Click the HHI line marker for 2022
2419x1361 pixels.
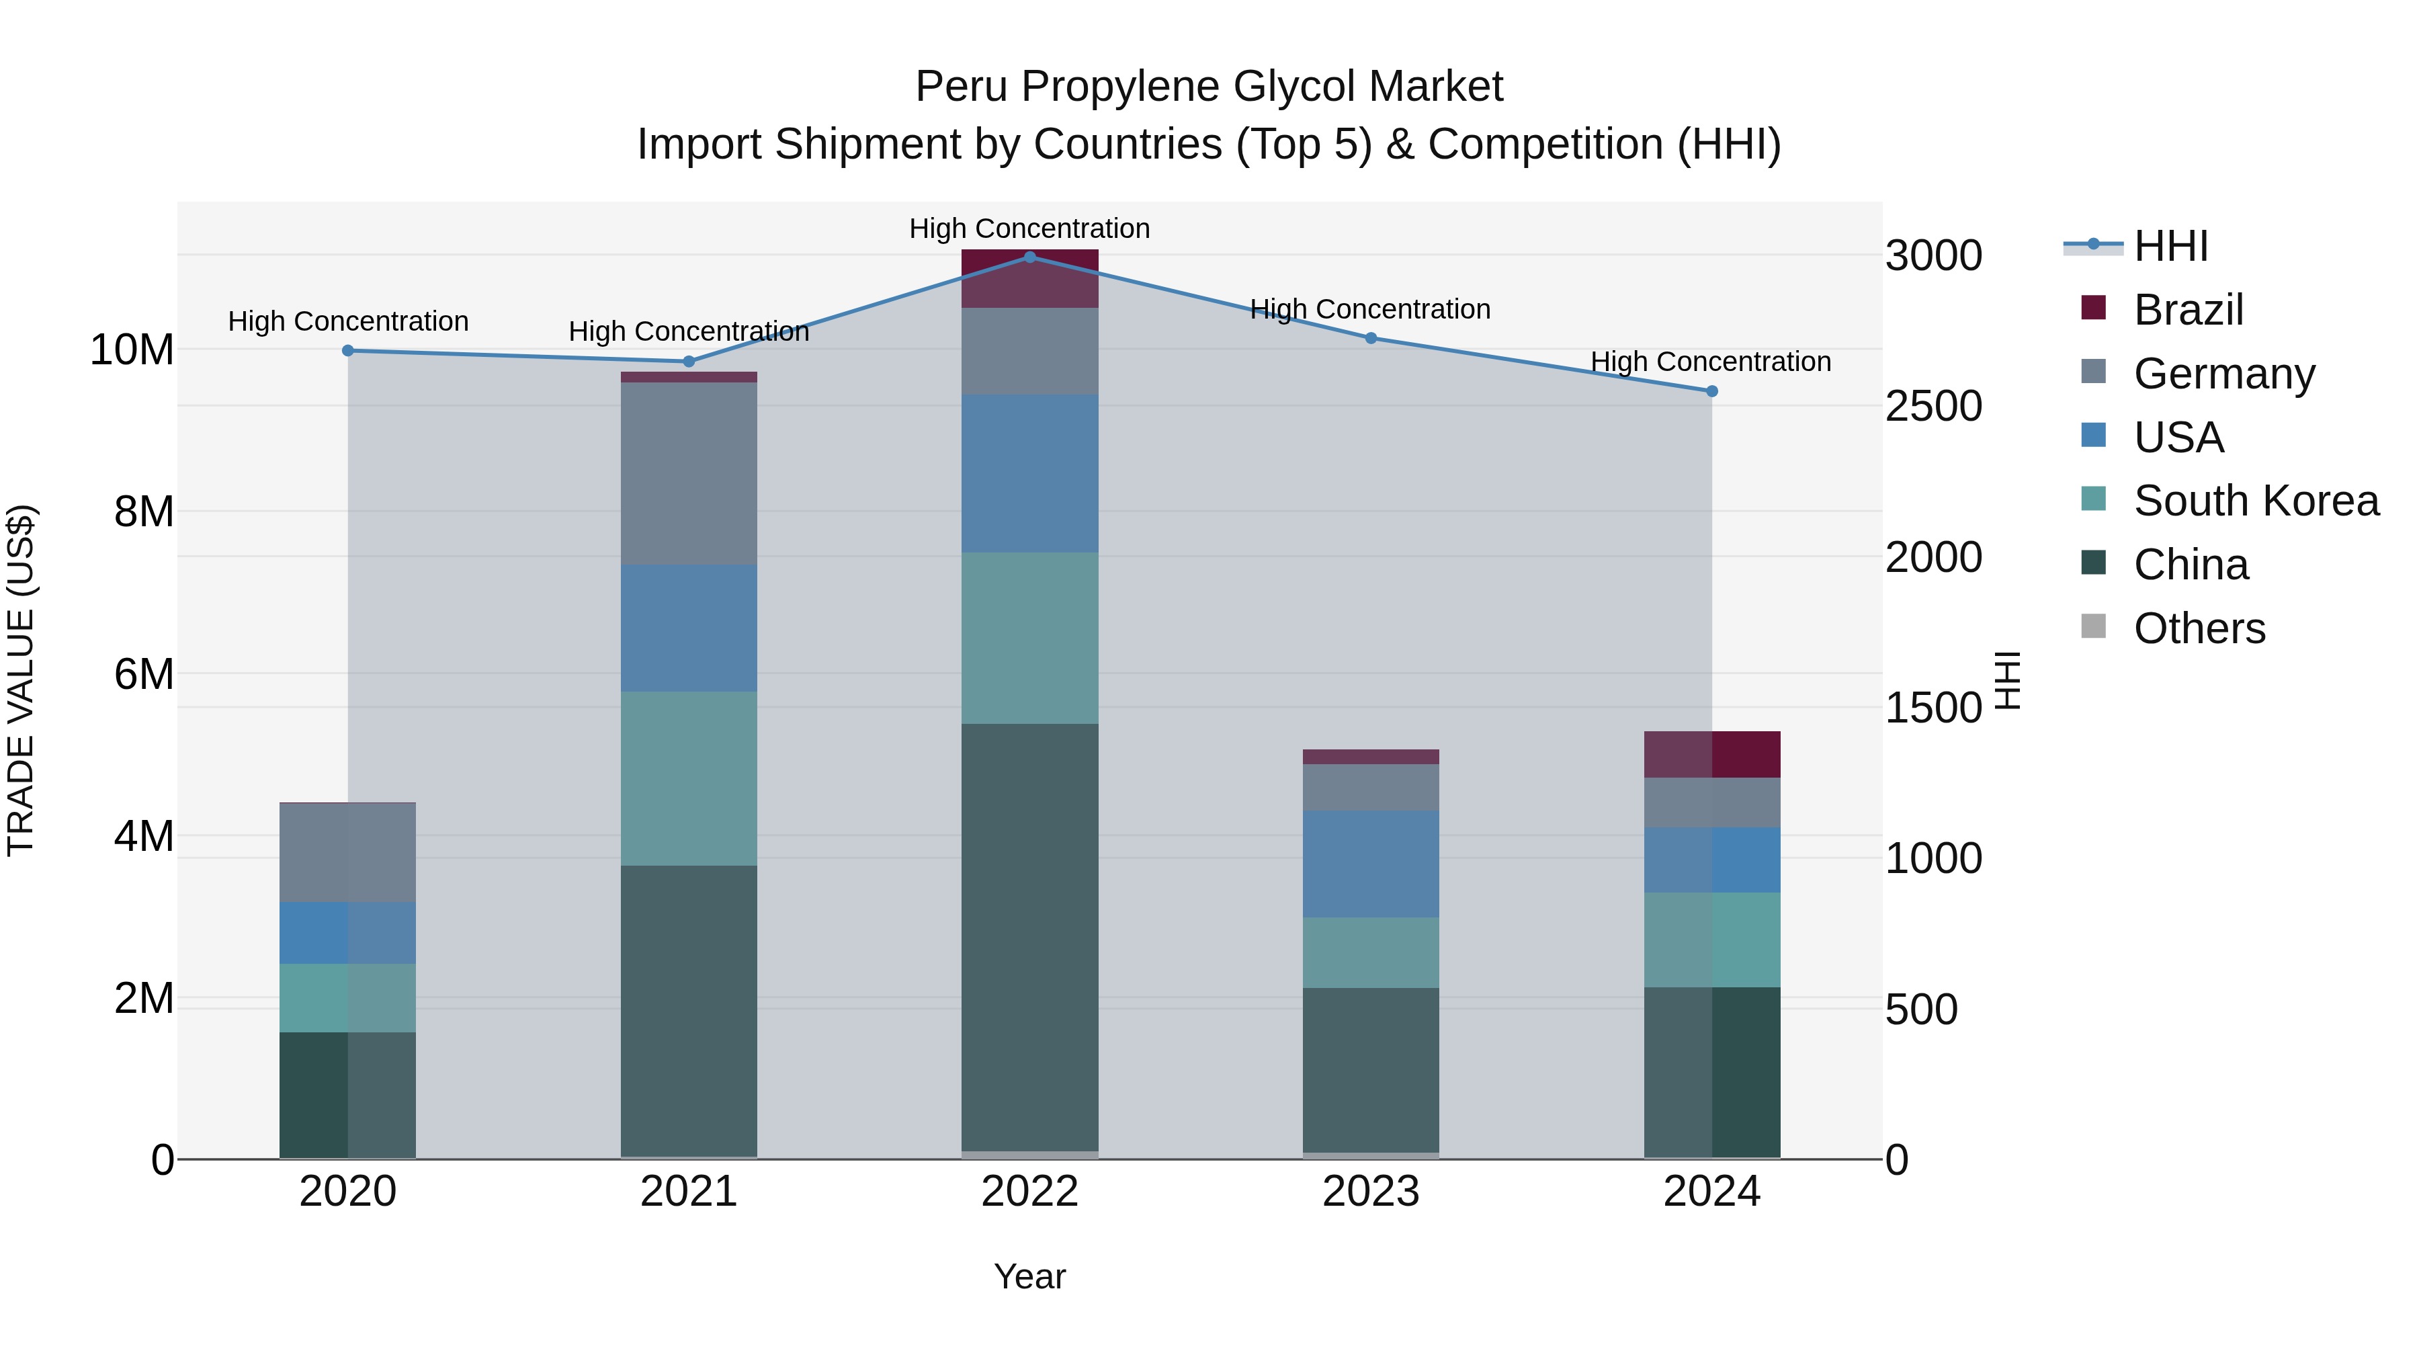tap(1029, 257)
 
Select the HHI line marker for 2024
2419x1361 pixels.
tap(1711, 390)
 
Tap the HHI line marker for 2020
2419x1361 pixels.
tap(347, 350)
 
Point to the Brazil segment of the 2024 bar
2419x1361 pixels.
tap(1711, 753)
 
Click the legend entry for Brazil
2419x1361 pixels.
tap(2188, 310)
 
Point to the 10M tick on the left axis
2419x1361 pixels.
tap(132, 349)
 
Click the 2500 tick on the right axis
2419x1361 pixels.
tap(1933, 406)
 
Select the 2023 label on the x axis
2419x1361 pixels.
tap(1370, 1192)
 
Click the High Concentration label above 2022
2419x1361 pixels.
tap(1029, 229)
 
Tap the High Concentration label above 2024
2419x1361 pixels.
tap(1710, 362)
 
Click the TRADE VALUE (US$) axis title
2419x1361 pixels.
tap(21, 680)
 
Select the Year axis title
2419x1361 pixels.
tap(1029, 1276)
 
